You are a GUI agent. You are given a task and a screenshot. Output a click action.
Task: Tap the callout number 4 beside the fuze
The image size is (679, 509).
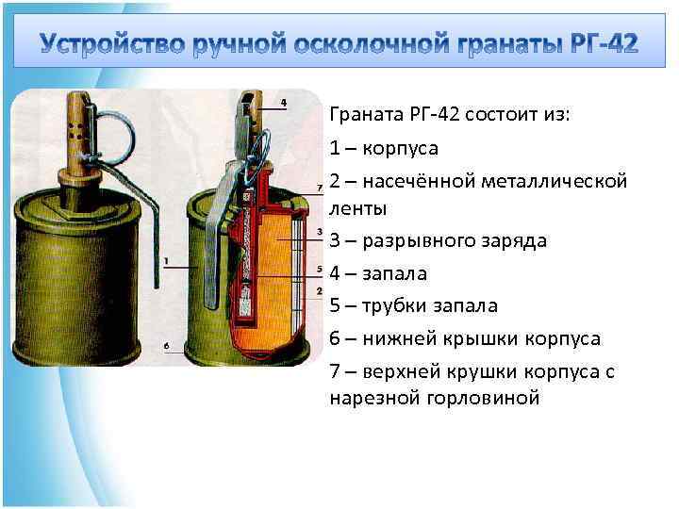pos(284,101)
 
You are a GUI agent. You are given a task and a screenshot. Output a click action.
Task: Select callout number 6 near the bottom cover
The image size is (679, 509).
pos(166,346)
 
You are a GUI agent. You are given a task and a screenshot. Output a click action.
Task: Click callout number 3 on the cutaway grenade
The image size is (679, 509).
pos(322,232)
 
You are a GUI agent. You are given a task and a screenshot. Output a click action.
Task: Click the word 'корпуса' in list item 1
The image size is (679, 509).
pos(402,149)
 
